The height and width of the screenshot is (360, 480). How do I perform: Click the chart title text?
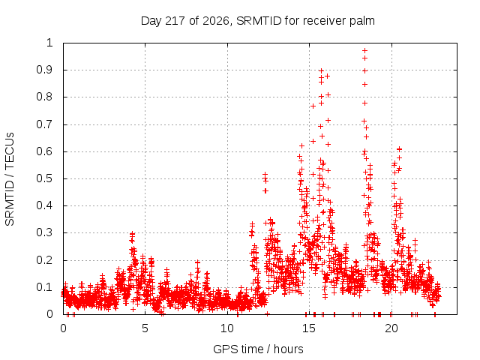point(258,21)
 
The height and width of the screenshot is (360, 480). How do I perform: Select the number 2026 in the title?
point(216,21)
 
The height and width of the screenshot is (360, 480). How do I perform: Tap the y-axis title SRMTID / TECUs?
point(10,179)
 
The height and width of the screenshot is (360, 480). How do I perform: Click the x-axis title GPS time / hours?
point(258,349)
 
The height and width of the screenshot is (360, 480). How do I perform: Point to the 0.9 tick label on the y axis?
point(44,70)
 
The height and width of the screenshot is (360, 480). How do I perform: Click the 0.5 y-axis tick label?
point(44,178)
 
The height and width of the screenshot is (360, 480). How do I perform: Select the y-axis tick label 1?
point(50,43)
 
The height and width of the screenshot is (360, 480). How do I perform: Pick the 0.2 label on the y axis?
point(44,260)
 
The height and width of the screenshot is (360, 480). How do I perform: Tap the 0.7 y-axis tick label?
point(44,124)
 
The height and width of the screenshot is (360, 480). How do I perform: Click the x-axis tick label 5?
point(145,328)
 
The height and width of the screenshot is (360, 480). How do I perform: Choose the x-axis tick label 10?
point(227,328)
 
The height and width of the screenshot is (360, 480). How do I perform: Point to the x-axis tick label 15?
point(309,328)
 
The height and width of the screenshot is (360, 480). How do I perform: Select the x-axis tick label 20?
point(391,328)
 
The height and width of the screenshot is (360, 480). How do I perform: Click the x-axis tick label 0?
point(63,328)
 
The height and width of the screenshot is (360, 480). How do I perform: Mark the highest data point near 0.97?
point(364,50)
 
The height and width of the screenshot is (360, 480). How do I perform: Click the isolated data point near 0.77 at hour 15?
point(313,106)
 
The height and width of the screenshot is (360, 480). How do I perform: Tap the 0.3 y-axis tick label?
point(44,232)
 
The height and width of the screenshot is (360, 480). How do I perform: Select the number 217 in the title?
point(175,21)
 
